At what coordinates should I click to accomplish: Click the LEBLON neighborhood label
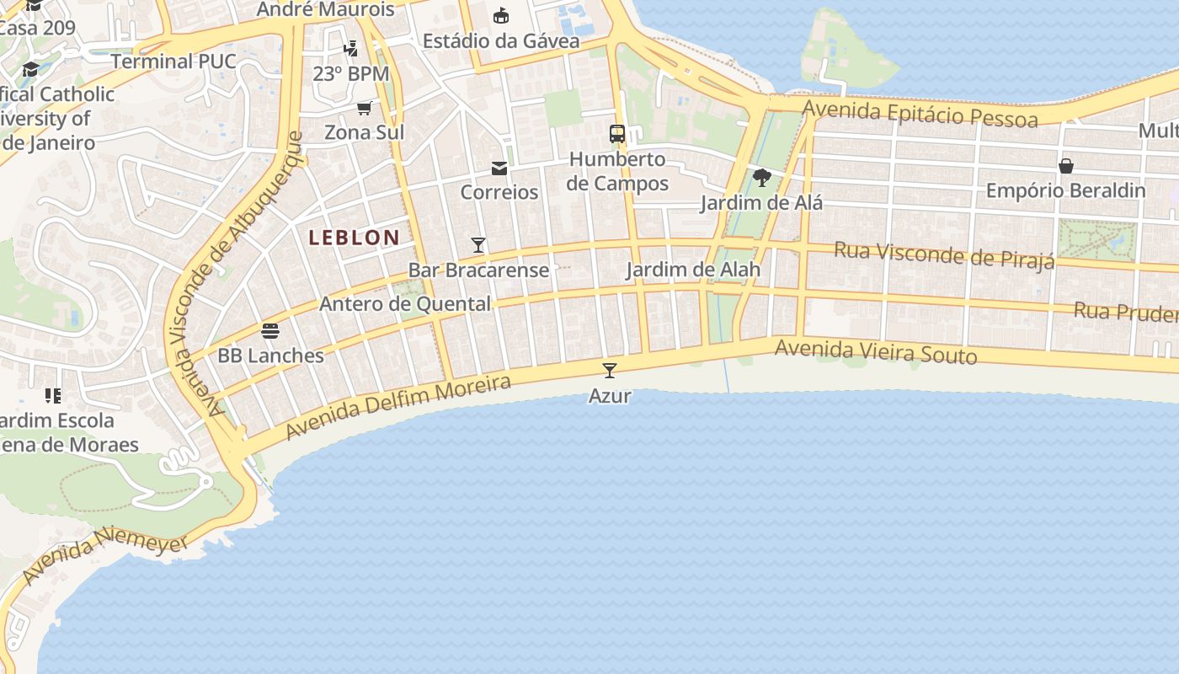[x=354, y=238]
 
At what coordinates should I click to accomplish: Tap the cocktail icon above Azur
[x=610, y=370]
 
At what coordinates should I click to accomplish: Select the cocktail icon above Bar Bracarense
[x=478, y=245]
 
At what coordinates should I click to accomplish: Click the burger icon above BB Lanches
[x=270, y=331]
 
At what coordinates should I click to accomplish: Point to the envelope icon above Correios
[x=499, y=168]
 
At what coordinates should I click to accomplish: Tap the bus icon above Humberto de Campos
[x=617, y=134]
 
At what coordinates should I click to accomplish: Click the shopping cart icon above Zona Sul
[x=365, y=108]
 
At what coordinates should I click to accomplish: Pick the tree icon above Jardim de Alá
[x=762, y=178]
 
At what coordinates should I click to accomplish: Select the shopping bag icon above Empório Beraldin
[x=1066, y=166]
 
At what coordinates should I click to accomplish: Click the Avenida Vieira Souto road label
[x=876, y=351]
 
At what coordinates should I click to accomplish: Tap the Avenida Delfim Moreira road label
[x=398, y=408]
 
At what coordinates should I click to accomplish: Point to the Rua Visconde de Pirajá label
[x=944, y=254]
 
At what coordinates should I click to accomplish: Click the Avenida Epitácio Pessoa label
[x=920, y=114]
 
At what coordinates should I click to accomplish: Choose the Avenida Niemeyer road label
[x=105, y=555]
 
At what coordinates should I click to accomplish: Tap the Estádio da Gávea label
[x=501, y=40]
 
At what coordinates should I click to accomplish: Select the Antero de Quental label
[x=405, y=304]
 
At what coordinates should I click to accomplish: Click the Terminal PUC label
[x=173, y=62]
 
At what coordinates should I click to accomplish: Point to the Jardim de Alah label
[x=693, y=270]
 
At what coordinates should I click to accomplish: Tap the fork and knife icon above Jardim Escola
[x=53, y=395]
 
